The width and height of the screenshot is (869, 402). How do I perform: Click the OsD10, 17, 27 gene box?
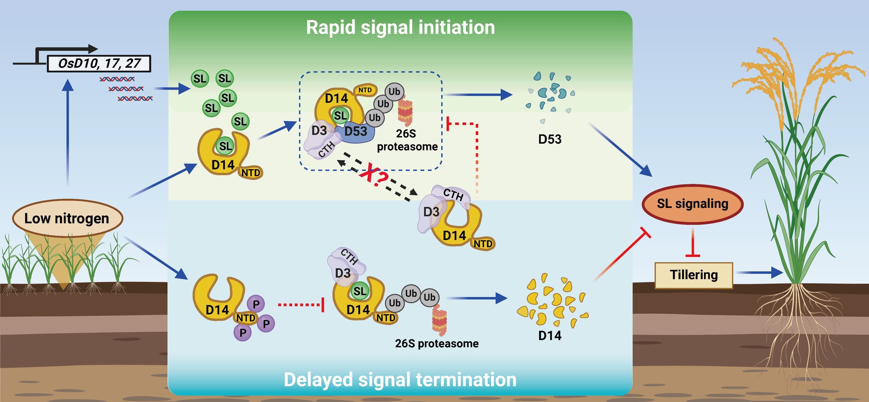(99, 63)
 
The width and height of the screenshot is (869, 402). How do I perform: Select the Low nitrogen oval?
(67, 218)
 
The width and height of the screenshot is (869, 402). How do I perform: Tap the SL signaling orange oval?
(692, 204)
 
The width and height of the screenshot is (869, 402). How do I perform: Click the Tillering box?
(694, 275)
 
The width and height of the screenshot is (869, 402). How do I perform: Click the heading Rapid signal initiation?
(400, 28)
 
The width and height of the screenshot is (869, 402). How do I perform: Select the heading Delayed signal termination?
(400, 380)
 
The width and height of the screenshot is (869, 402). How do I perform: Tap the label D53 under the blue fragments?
(550, 139)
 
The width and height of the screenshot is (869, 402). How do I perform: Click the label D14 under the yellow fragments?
(550, 335)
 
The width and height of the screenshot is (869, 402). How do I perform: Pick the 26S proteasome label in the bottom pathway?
(436, 344)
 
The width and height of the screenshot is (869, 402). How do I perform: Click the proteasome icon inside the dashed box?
(405, 111)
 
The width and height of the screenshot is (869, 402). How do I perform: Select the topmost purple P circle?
(256, 304)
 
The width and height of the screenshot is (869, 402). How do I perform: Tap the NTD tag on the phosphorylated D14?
(246, 318)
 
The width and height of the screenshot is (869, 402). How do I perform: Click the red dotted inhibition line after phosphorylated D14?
(300, 305)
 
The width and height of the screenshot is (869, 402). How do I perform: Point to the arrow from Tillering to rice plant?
(759, 272)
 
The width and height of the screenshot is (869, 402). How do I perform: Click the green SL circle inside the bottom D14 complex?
(360, 291)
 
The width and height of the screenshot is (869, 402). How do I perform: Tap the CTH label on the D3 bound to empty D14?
(454, 194)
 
